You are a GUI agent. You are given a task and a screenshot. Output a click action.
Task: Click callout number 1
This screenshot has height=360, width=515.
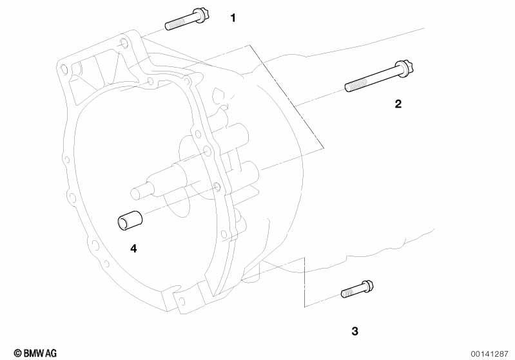point(233,18)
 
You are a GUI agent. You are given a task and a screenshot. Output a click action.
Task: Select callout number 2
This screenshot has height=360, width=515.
point(398,104)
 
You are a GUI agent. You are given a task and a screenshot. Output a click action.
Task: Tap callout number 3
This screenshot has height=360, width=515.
point(355,331)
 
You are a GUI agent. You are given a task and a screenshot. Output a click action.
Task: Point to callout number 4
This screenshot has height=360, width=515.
point(133,249)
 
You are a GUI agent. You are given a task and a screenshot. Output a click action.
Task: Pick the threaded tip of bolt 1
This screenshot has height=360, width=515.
point(168,26)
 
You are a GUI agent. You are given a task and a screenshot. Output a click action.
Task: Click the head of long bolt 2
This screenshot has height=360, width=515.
point(405,68)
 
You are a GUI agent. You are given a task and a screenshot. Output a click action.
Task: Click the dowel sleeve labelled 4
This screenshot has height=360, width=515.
point(130,220)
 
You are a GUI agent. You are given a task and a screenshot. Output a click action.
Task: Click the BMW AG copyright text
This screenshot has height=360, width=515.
point(35,353)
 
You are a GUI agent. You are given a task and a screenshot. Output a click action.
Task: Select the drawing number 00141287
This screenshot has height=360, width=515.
point(489,354)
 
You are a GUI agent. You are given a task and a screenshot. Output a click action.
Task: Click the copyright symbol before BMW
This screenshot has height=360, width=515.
point(18,353)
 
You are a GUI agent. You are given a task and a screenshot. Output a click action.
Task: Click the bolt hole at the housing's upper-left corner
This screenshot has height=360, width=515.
point(64,70)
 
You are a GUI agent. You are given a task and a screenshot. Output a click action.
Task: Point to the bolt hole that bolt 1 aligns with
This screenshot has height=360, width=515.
point(124,43)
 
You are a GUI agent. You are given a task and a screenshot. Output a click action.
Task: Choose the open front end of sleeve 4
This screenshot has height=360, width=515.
point(122,223)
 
